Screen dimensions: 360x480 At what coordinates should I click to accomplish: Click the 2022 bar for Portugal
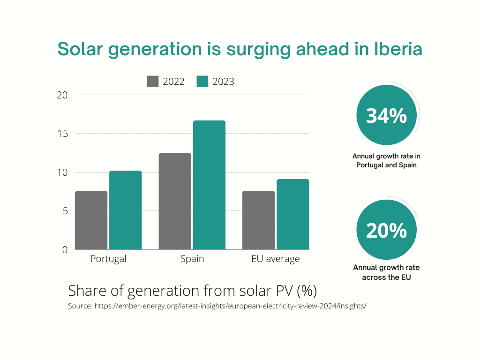(x=91, y=220)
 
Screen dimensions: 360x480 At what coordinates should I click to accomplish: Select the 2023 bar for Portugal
(x=125, y=210)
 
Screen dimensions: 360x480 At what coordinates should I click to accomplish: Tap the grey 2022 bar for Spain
(x=175, y=201)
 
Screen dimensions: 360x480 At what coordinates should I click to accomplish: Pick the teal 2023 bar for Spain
(x=209, y=185)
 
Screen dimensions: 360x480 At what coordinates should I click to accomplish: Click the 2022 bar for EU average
(x=259, y=220)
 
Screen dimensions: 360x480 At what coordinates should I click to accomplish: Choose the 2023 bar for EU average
(x=292, y=214)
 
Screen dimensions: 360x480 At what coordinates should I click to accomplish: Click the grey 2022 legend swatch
(x=153, y=82)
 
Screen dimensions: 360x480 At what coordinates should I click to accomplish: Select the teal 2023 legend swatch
(x=202, y=82)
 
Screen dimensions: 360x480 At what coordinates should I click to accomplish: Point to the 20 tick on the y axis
(x=62, y=95)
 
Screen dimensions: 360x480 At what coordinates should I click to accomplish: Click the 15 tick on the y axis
(x=62, y=134)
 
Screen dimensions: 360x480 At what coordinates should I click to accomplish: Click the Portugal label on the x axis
(x=108, y=259)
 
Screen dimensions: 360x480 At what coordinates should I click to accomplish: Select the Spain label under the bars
(x=192, y=259)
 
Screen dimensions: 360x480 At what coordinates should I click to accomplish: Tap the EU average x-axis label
(x=276, y=259)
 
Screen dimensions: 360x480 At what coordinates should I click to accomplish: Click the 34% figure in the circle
(x=386, y=116)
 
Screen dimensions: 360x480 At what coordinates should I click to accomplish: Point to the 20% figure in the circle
(x=386, y=231)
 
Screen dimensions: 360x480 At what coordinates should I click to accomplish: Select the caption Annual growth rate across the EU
(x=386, y=272)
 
